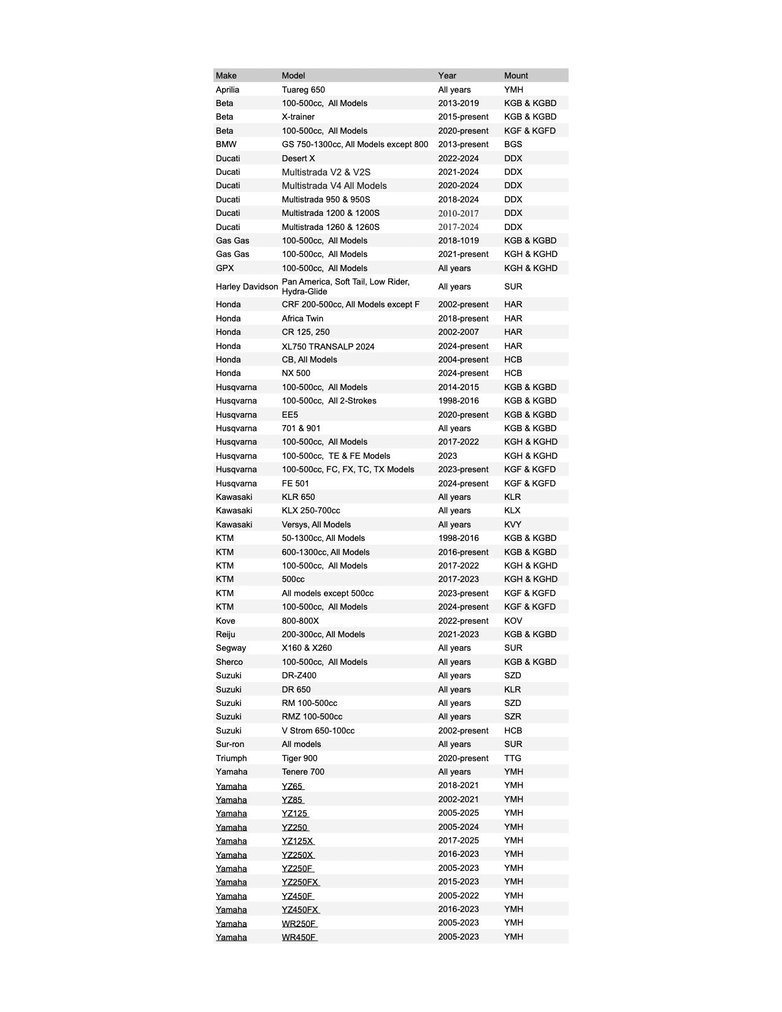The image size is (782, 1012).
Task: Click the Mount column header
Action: tap(516, 75)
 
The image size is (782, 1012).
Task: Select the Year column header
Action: tap(447, 75)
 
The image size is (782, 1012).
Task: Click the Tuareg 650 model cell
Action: tap(303, 90)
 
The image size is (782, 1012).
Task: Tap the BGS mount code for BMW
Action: tap(513, 144)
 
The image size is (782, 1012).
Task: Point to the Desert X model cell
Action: tap(298, 158)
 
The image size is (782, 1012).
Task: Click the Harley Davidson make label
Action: tap(247, 286)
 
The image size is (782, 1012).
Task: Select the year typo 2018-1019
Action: tap(458, 240)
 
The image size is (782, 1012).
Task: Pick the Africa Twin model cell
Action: tap(302, 318)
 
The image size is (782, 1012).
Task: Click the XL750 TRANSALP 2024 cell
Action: tap(328, 346)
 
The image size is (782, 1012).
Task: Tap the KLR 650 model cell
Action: tap(298, 497)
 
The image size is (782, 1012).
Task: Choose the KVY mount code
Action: tap(513, 524)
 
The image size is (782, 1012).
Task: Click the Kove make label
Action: tap(225, 621)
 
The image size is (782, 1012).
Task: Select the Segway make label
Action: tap(231, 648)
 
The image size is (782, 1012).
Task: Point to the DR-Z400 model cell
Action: tap(299, 675)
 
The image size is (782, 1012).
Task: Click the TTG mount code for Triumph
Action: tap(513, 758)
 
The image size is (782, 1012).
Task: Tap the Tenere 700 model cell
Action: tap(303, 772)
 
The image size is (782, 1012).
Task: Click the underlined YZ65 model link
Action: tap(293, 786)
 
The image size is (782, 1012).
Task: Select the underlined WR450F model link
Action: tap(299, 937)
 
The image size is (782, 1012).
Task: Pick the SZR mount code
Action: tap(513, 716)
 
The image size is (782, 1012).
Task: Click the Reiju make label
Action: tap(225, 634)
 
